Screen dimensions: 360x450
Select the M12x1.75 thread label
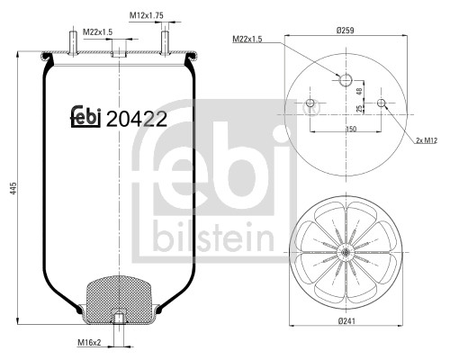146,15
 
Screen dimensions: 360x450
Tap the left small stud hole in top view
311,103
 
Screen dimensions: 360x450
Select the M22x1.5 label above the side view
97,32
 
